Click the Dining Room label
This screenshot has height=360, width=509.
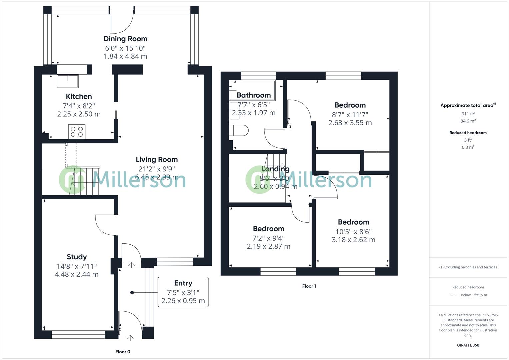tap(125, 39)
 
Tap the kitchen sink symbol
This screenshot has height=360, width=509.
tap(68, 81)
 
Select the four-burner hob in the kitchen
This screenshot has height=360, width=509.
tap(77, 131)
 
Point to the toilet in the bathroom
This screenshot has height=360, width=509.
tap(239, 130)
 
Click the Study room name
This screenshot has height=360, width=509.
tap(77, 257)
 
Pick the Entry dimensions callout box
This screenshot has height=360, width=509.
tap(183, 292)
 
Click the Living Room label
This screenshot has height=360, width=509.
tap(157, 159)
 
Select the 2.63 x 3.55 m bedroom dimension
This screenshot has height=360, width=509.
tap(350, 123)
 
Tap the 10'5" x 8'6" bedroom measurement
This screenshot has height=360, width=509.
tap(353, 231)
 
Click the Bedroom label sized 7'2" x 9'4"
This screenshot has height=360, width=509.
tap(268, 229)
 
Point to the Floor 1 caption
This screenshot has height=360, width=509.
tap(309, 286)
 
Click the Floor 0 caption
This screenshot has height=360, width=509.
tap(123, 352)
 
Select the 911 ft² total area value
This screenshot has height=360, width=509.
tap(468, 114)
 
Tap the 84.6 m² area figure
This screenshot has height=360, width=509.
tap(468, 121)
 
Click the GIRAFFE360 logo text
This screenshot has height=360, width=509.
tap(468, 345)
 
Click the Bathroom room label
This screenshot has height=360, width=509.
tap(254, 95)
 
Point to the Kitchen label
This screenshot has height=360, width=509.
tap(79, 96)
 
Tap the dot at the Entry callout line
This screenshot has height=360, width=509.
tap(132, 293)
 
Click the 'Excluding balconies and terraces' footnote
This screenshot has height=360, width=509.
tap(468, 267)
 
